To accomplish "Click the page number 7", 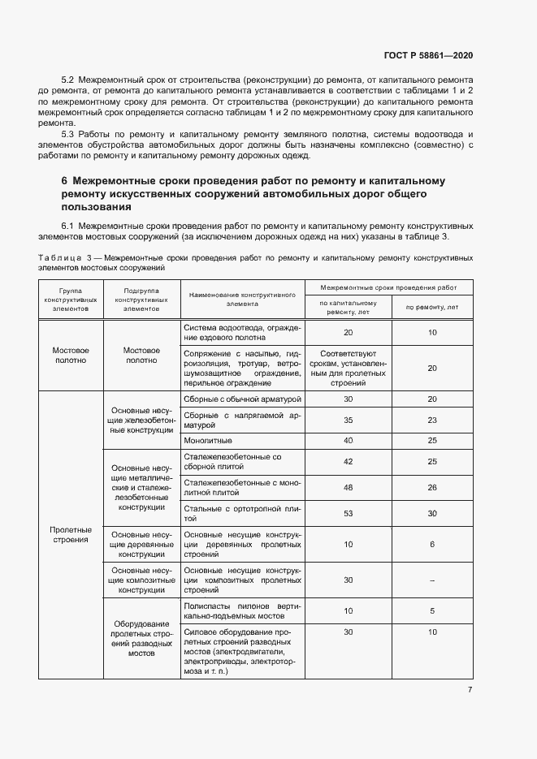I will click(470, 690).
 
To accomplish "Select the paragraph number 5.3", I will click(68, 133).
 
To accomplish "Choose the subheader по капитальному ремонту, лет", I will click(348, 307).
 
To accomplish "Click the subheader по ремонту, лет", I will click(432, 307).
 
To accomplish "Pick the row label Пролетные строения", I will click(71, 534).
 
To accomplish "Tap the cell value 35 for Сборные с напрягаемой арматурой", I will click(348, 420).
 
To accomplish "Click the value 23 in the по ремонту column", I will click(432, 420).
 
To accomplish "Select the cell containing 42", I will click(348, 461).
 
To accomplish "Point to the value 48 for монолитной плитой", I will click(348, 487).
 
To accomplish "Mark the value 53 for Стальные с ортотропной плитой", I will click(348, 513).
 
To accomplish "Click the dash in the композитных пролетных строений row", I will click(432, 580).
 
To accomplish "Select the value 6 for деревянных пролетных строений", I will click(432, 544).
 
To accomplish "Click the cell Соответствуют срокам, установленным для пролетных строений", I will click(348, 368).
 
